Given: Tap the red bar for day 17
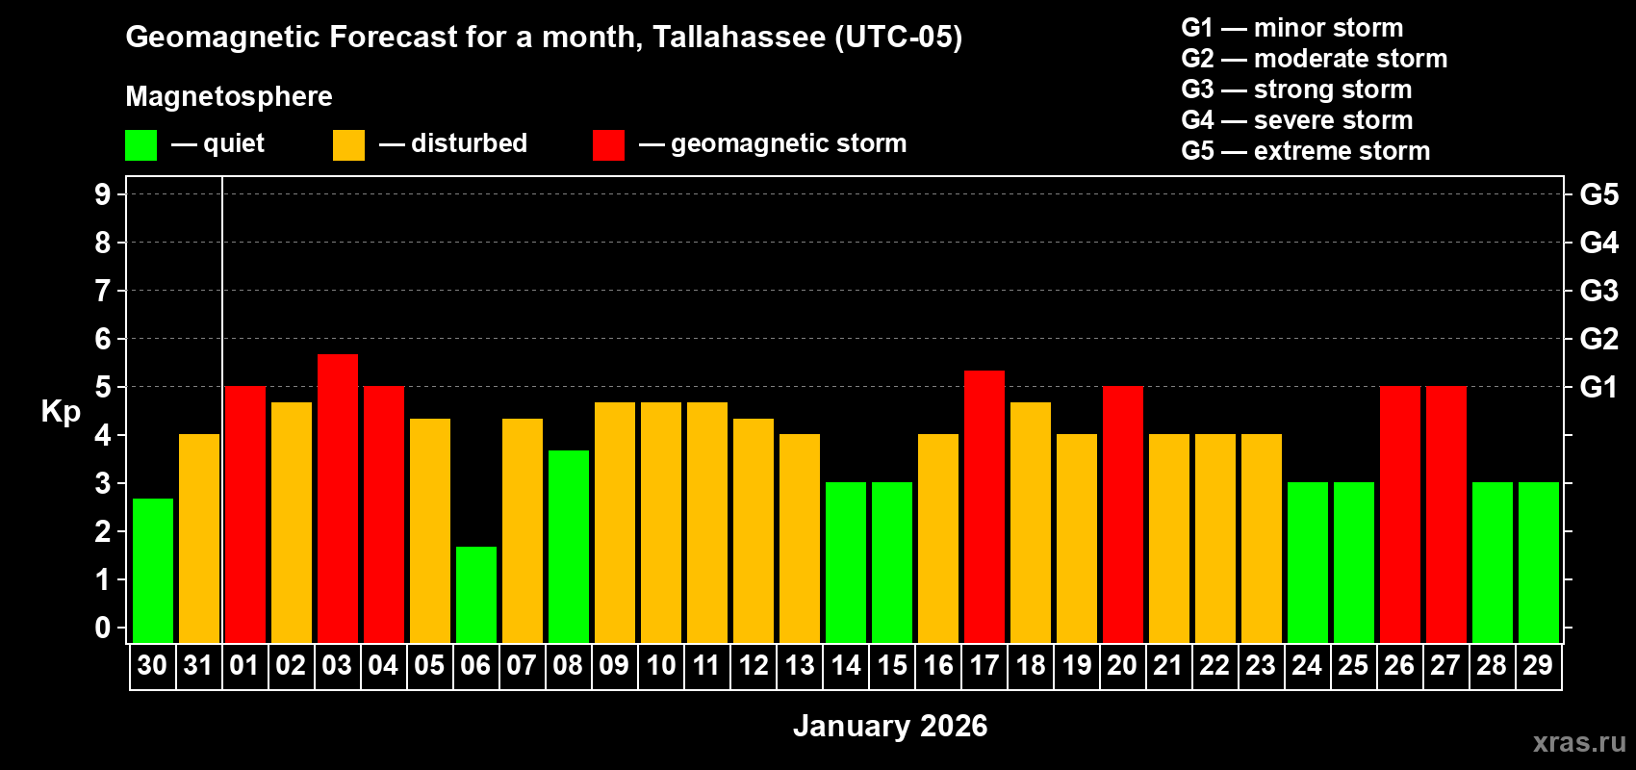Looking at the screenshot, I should [984, 506].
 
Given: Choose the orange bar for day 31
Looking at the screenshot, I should [199, 538].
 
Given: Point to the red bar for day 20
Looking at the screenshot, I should [1123, 514].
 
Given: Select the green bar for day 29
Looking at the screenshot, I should [1539, 562].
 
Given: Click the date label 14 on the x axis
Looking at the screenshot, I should [846, 665].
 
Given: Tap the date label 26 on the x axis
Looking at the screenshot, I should [1399, 665].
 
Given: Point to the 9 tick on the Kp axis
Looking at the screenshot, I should [103, 194].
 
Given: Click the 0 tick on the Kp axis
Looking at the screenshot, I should [103, 628].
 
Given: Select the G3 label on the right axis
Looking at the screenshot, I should [1598, 291].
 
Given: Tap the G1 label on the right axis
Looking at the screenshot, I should [1598, 387].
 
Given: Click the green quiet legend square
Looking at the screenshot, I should [141, 145].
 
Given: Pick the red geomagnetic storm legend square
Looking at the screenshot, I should [608, 145].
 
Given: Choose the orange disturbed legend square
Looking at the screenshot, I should [348, 145].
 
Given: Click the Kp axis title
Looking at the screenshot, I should [61, 412].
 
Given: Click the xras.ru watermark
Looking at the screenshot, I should [1578, 741].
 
